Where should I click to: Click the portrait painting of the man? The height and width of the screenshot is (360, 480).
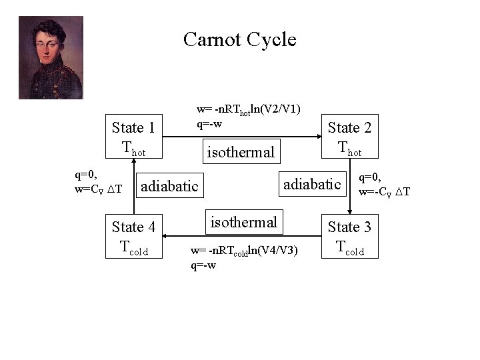tap(51, 57)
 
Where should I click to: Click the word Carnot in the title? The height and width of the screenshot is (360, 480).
tap(213, 40)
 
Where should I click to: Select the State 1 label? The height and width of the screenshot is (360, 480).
tap(133, 127)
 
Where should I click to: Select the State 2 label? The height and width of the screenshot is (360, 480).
tap(349, 127)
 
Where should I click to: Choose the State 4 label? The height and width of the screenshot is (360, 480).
tap(133, 227)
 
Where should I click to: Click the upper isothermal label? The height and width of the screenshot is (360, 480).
tap(240, 153)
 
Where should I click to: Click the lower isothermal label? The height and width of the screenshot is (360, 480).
tap(244, 221)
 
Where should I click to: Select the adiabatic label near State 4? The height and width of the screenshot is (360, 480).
tap(170, 185)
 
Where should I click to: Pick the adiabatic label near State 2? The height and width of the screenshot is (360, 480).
tap(313, 183)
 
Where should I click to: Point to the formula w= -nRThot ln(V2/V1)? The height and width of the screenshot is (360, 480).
tap(247, 109)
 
